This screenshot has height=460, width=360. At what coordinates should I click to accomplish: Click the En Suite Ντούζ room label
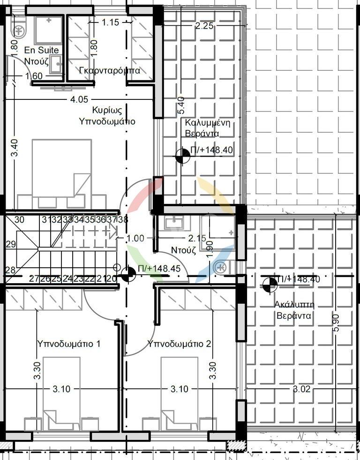pyautogui.click(x=41, y=56)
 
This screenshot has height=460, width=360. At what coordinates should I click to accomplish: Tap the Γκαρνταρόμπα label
pyautogui.click(x=110, y=70)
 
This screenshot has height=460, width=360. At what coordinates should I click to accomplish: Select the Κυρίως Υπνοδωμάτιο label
pyautogui.click(x=107, y=116)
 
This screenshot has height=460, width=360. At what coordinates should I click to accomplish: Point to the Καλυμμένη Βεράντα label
pyautogui.click(x=207, y=128)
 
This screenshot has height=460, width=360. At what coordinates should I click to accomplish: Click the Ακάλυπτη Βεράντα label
pyautogui.click(x=294, y=310)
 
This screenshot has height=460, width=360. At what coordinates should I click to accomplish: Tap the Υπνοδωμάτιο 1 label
pyautogui.click(x=69, y=344)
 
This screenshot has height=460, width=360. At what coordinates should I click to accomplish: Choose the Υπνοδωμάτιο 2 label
pyautogui.click(x=179, y=344)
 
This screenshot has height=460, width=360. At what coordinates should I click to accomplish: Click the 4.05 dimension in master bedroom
pyautogui.click(x=79, y=100)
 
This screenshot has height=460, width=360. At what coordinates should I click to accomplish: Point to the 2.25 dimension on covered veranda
pyautogui.click(x=204, y=26)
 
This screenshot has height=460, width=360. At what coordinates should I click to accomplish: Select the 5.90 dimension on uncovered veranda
pyautogui.click(x=336, y=323)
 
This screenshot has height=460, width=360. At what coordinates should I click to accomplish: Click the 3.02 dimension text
pyautogui.click(x=302, y=389)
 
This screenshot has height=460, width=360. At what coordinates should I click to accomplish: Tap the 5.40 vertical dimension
pyautogui.click(x=181, y=106)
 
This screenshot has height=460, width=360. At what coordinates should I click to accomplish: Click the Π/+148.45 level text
pyautogui.click(x=159, y=269)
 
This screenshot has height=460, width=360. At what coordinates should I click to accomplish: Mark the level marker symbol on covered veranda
pyautogui.click(x=182, y=156)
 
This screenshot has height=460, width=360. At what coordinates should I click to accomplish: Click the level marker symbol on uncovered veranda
pyautogui.click(x=270, y=285)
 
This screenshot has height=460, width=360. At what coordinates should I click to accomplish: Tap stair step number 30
pyautogui.click(x=19, y=219)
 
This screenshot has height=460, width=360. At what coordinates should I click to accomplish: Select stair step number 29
pyautogui.click(x=11, y=244)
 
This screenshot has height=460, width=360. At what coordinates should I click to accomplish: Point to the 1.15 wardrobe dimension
pyautogui.click(x=111, y=22)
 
